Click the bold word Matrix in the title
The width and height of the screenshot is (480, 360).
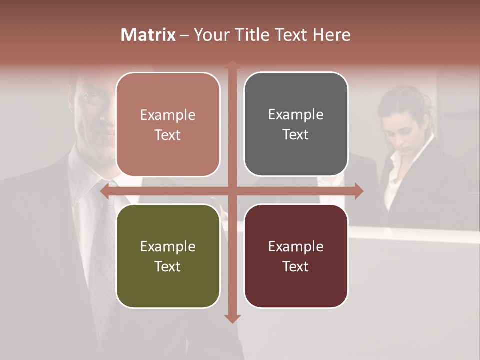point(148,35)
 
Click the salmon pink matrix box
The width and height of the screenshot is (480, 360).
point(168,124)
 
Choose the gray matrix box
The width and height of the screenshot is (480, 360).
point(296,124)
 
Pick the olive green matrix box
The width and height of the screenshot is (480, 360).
point(168,256)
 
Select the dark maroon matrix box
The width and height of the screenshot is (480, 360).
point(296,256)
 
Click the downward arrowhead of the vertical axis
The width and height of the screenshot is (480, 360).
point(231,318)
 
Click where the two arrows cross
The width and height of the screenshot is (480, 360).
point(231,191)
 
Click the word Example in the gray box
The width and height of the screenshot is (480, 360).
point(296,114)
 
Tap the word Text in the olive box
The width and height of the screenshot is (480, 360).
point(167,266)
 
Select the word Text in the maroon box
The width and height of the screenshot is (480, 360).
point(295,266)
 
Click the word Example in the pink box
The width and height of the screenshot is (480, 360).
point(168,115)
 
